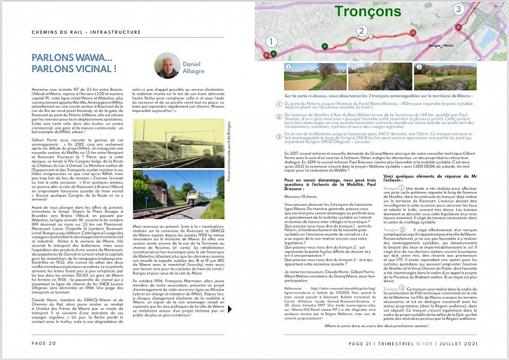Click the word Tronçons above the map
368,11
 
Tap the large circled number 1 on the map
271,41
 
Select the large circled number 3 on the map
458,9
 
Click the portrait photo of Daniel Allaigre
166,65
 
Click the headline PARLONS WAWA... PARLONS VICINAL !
74,63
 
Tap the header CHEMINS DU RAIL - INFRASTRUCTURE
86,32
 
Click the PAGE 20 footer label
45,344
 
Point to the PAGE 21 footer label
363,344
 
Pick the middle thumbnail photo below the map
380,76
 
